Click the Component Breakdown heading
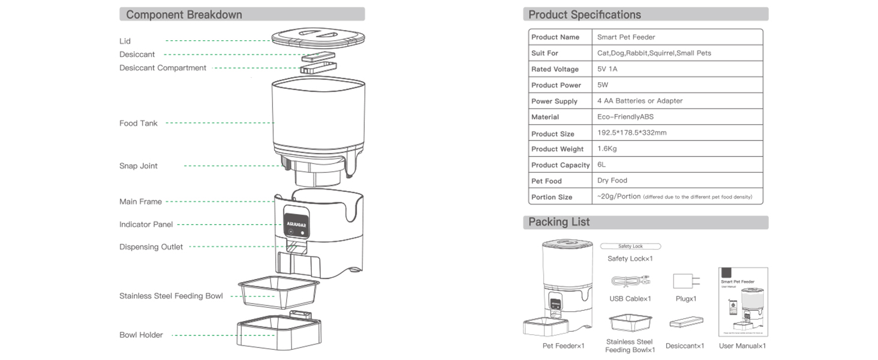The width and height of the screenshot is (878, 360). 184,14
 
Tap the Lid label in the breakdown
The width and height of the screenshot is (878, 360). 125,41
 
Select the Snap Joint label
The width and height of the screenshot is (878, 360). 139,166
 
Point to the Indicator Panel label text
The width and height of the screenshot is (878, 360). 146,224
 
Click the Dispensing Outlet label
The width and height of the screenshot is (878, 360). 151,247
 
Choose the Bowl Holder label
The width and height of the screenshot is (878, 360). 141,335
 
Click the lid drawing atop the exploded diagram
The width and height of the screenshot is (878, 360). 318,39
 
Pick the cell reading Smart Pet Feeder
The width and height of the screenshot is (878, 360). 626,37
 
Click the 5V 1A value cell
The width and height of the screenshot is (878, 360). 607,69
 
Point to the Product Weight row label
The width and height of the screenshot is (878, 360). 557,149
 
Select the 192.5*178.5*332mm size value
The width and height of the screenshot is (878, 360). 632,133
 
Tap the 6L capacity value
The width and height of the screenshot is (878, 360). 602,164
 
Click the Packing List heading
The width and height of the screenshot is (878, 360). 559,222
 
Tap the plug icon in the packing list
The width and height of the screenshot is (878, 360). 683,281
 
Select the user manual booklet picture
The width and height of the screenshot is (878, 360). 742,302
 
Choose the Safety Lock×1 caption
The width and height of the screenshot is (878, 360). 630,259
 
